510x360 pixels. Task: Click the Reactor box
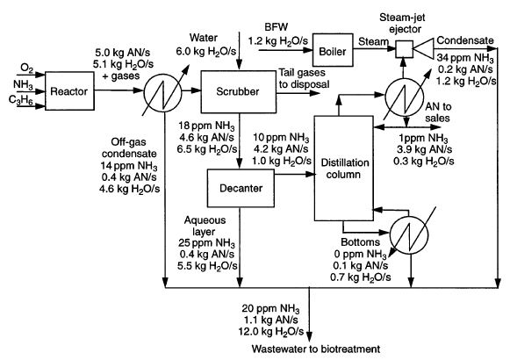click(x=69, y=90)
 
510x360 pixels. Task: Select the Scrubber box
click(x=238, y=91)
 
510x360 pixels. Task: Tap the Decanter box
click(x=241, y=188)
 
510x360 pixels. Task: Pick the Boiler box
click(x=333, y=50)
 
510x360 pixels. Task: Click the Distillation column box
click(x=343, y=168)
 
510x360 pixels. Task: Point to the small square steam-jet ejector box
click(x=405, y=49)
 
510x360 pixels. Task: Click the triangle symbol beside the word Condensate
click(x=423, y=49)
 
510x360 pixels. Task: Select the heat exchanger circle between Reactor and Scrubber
click(x=162, y=91)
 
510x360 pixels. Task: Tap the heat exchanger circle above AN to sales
click(x=405, y=97)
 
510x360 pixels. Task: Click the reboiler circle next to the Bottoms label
click(x=409, y=234)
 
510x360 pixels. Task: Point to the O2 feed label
click(x=26, y=68)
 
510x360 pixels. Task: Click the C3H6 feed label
click(x=21, y=100)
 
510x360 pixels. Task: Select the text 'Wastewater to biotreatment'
click(x=316, y=349)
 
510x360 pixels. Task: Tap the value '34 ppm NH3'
click(x=465, y=58)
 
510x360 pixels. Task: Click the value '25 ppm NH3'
click(x=206, y=243)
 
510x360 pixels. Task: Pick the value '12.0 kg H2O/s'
click(x=271, y=332)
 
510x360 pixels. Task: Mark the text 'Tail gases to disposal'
click(x=304, y=78)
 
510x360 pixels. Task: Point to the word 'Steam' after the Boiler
click(x=373, y=41)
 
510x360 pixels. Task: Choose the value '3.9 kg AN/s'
click(x=424, y=149)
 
